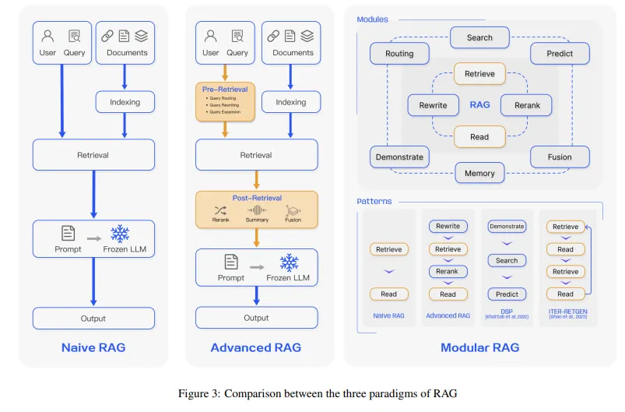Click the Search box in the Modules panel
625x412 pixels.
tap(479, 37)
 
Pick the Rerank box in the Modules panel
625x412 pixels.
tap(526, 105)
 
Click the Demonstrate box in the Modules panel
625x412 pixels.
tap(399, 157)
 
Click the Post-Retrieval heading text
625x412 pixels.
tap(256, 198)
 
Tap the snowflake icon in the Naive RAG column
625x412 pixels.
tap(121, 234)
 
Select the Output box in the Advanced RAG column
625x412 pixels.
tap(256, 318)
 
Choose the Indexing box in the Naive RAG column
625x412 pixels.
tap(125, 102)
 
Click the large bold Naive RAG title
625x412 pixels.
tap(93, 347)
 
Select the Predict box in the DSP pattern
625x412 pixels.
tap(507, 294)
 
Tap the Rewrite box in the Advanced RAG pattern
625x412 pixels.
tap(448, 227)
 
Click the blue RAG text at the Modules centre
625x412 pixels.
tap(479, 105)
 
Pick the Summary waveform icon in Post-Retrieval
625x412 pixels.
tap(257, 210)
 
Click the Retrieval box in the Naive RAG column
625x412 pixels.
tap(93, 155)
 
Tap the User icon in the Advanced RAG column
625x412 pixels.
tap(210, 36)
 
